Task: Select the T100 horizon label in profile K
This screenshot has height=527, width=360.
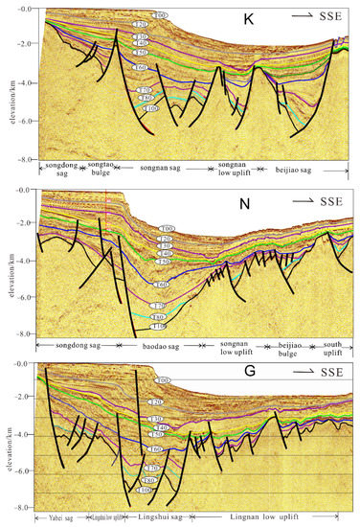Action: click(x=150, y=110)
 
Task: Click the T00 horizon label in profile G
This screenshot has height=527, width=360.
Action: click(x=163, y=380)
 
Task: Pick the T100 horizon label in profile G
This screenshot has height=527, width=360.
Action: click(x=144, y=491)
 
